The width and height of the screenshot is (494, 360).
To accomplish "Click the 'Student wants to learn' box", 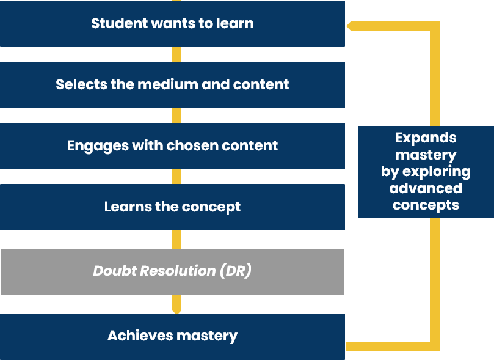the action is [172, 24].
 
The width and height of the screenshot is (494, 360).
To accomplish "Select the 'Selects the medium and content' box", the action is [172, 85].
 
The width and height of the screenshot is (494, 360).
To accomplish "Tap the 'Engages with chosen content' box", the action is [172, 146].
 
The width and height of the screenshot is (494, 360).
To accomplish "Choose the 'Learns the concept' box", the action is [172, 207].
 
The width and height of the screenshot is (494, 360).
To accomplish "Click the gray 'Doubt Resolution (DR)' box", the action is [172, 272].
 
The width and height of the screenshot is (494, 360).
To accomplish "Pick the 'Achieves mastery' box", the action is [172, 337].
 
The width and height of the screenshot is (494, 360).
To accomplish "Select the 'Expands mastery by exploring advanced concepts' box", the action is [426, 172].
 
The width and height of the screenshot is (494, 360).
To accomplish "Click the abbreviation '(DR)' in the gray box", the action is [236, 271].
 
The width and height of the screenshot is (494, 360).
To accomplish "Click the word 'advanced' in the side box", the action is [426, 188].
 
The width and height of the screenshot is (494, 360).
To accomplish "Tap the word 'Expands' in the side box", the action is [426, 138].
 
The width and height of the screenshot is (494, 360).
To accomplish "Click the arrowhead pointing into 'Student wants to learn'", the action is [349, 26].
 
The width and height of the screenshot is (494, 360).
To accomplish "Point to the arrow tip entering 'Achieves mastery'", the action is [176, 311].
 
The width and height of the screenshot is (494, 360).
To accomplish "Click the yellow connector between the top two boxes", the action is [176, 54].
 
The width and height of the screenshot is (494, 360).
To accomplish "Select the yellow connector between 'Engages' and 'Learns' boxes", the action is [176, 177].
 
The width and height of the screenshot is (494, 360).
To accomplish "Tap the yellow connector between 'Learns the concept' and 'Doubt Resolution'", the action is [176, 240].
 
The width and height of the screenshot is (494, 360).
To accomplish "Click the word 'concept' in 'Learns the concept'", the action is [211, 207].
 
